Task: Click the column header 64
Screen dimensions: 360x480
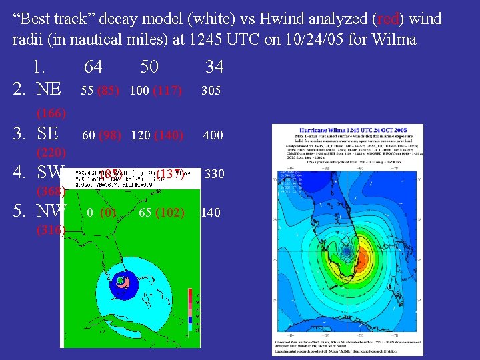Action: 93,67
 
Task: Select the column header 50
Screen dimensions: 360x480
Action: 149,67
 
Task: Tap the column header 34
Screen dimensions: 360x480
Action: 214,67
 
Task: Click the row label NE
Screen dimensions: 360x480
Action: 49,89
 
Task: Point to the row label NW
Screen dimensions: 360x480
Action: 51,211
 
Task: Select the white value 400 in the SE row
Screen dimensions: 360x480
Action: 213,135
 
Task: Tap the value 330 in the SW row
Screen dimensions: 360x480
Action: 214,175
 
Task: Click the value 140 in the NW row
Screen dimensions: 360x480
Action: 211,213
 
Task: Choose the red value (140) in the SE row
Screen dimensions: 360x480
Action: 168,135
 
